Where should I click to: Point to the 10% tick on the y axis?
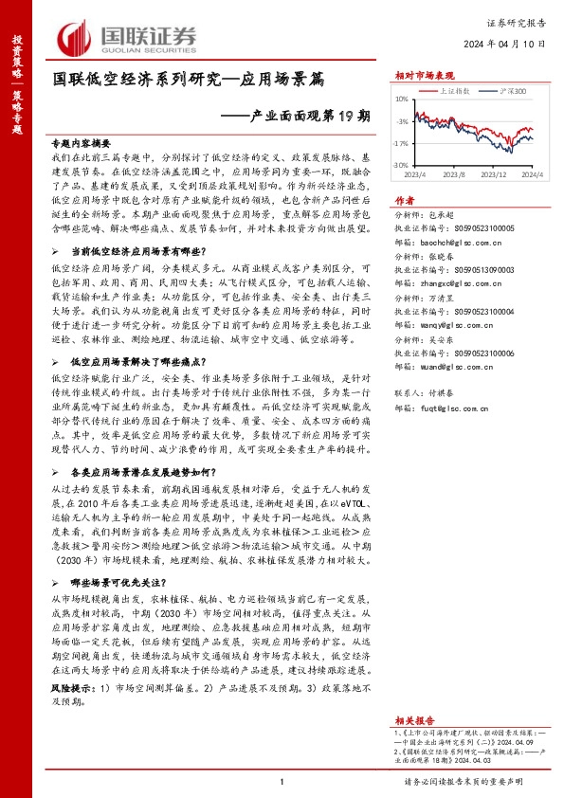coord(402,99)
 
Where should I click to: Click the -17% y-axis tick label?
coord(401,142)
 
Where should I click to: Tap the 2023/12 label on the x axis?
coord(495,175)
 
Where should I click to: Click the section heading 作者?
coord(404,201)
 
